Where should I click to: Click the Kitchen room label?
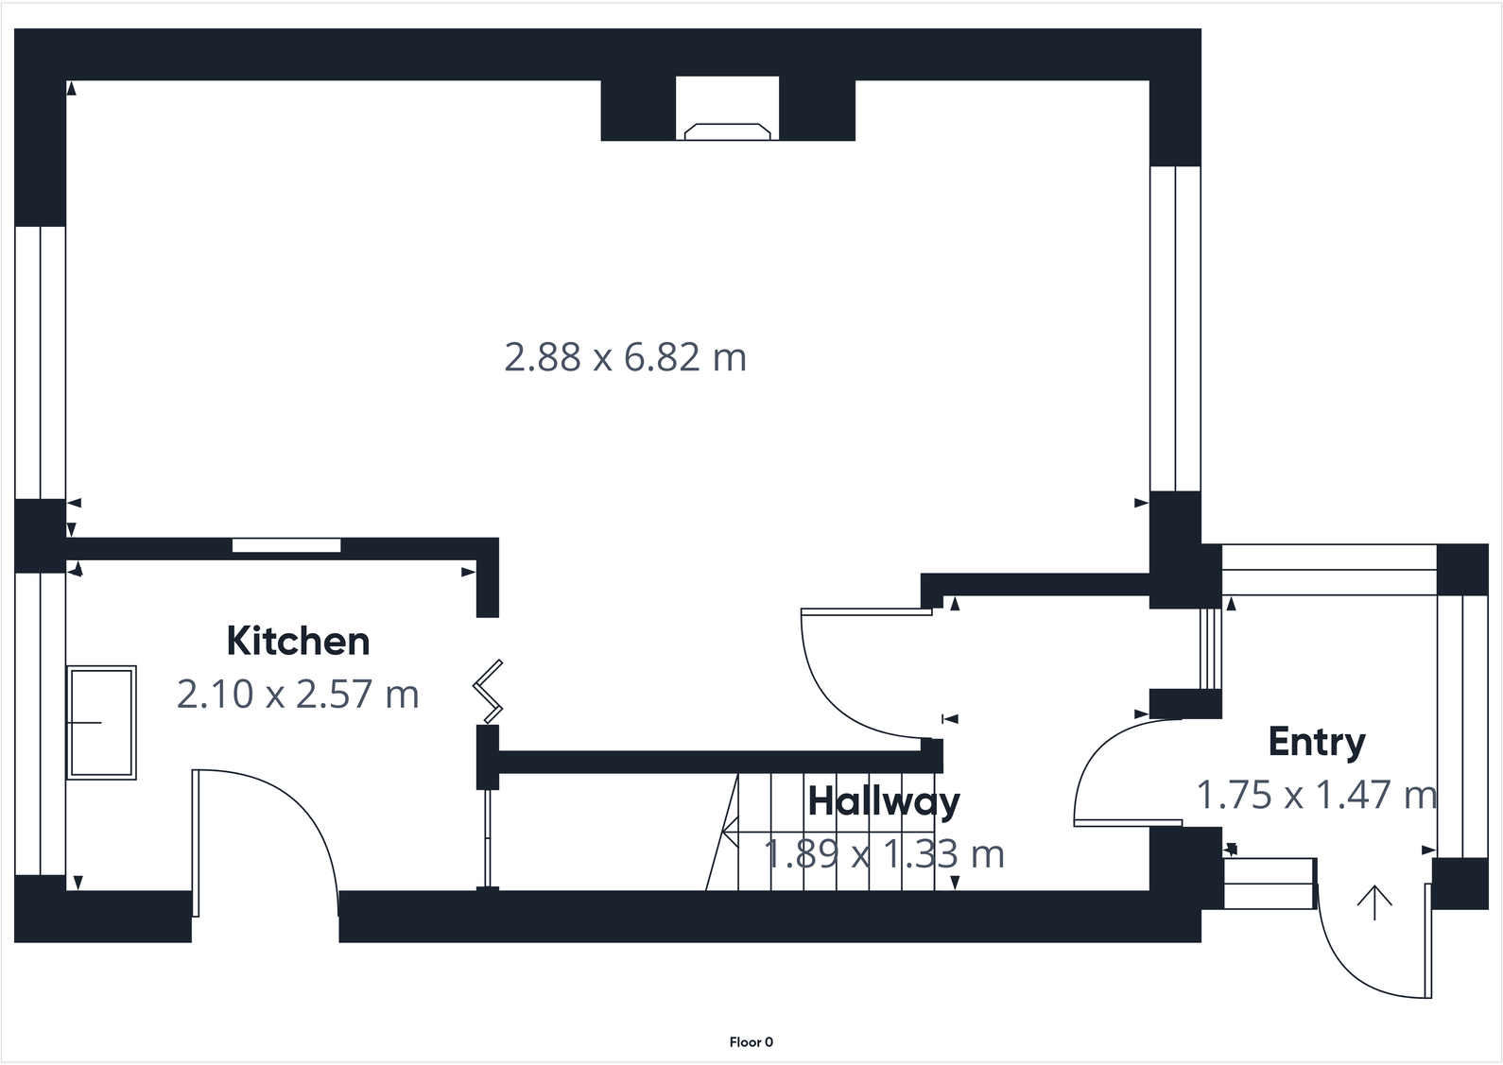[x=298, y=642]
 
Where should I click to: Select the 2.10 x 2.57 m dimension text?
[x=298, y=695]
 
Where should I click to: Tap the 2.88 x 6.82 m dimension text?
[x=625, y=358]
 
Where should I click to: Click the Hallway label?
[x=884, y=801]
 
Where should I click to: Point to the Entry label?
[x=1316, y=742]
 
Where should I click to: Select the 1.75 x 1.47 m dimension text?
[x=1316, y=795]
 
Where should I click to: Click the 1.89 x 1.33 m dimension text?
[x=884, y=854]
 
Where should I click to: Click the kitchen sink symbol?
[x=101, y=722]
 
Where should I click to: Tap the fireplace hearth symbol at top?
[x=727, y=131]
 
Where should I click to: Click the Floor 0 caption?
[x=751, y=1042]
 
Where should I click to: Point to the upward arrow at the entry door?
[x=1373, y=902]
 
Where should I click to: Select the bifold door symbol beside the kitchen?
[x=489, y=687]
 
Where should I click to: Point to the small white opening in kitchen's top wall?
[x=286, y=545]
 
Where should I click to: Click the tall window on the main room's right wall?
[x=1174, y=329]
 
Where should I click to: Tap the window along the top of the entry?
[x=1328, y=570]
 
